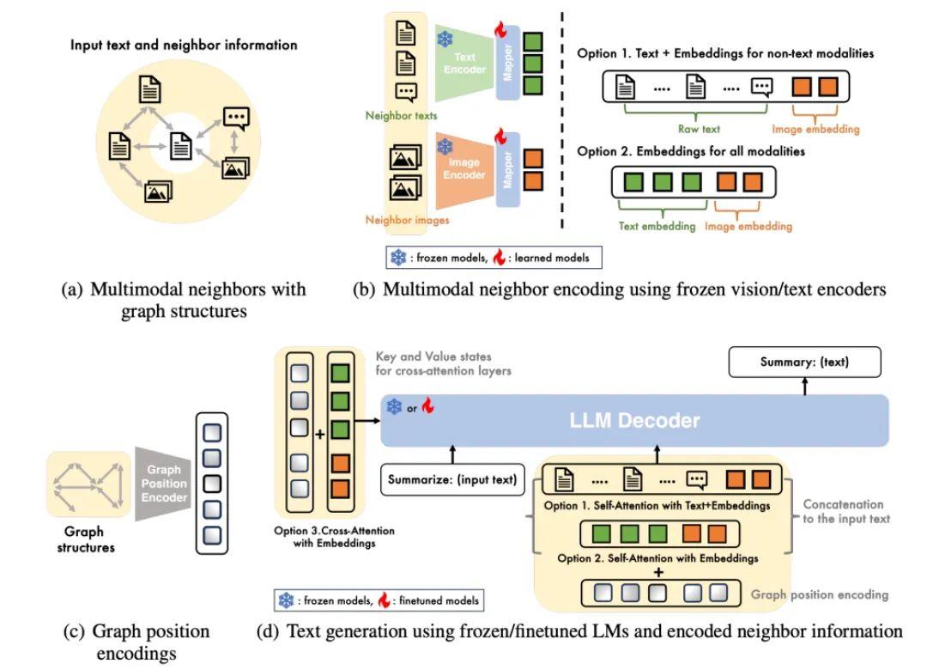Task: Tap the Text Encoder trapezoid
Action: click(463, 65)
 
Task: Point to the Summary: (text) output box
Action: click(804, 362)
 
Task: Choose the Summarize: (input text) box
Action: click(454, 479)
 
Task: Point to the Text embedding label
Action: click(657, 227)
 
